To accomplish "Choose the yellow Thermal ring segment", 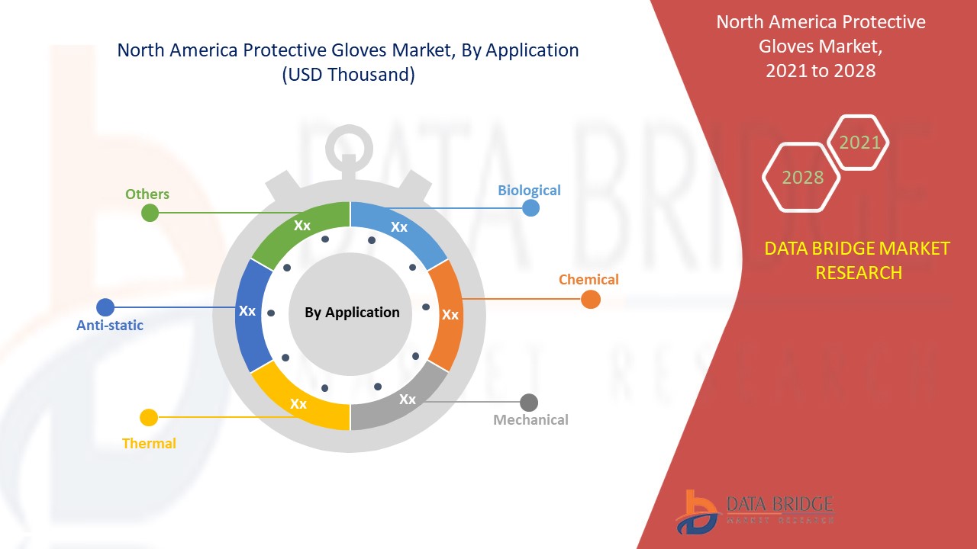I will click(298, 403).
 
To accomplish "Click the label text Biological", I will click(529, 190).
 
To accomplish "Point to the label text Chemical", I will click(588, 279).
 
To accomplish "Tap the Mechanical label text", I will click(530, 419).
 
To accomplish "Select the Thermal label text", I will click(149, 443).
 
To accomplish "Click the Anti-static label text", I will click(110, 326).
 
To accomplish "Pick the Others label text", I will click(147, 194).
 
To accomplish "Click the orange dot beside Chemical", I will click(590, 300).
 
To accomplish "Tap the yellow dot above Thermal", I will click(149, 418).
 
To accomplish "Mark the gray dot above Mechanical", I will click(529, 402).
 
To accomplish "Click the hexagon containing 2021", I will click(859, 143).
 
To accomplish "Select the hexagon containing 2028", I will click(802, 177).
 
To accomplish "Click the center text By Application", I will click(352, 313).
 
